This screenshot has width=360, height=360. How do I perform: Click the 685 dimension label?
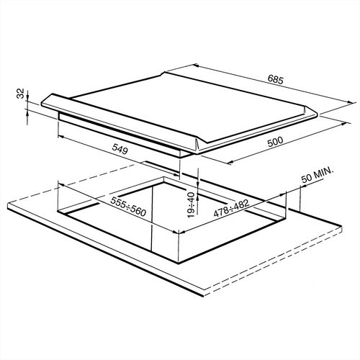coord(276,79)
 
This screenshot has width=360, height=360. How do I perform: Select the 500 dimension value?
coord(275,142)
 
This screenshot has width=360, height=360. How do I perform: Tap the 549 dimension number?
coord(120,150)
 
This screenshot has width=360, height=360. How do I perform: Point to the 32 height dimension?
coord(22,94)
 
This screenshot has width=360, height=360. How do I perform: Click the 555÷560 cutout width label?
coord(128,207)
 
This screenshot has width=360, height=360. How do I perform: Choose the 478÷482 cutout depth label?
coord(231,208)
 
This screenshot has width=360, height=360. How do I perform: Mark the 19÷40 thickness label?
coord(192,205)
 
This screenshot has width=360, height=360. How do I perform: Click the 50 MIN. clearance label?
coord(318,176)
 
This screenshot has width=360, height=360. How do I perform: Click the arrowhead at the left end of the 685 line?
coord(195,65)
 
